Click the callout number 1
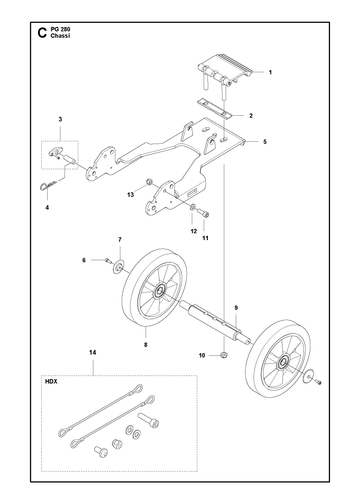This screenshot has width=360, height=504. coord(270,72)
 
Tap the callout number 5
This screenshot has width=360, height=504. coord(265,142)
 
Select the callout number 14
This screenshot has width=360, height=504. coord(93,352)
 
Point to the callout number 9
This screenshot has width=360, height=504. coord(236,308)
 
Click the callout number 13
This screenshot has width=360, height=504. coord(130,195)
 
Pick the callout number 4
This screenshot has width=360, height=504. coord(47,208)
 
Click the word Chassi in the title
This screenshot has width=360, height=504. coord(60,36)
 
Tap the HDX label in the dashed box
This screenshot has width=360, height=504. coord(51,382)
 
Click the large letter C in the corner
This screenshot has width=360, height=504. coord(42,33)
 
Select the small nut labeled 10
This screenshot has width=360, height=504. coord(224,355)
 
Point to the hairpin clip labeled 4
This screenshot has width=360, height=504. coord(47,185)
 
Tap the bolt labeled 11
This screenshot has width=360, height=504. coord(203,212)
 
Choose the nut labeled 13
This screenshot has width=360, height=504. coord(149,182)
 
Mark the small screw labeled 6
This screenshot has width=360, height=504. coord(107,261)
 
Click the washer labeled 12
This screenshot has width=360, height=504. coord(193,207)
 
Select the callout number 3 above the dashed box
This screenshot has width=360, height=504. coord(60,119)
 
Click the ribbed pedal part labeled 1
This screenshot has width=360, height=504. coord(224,70)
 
